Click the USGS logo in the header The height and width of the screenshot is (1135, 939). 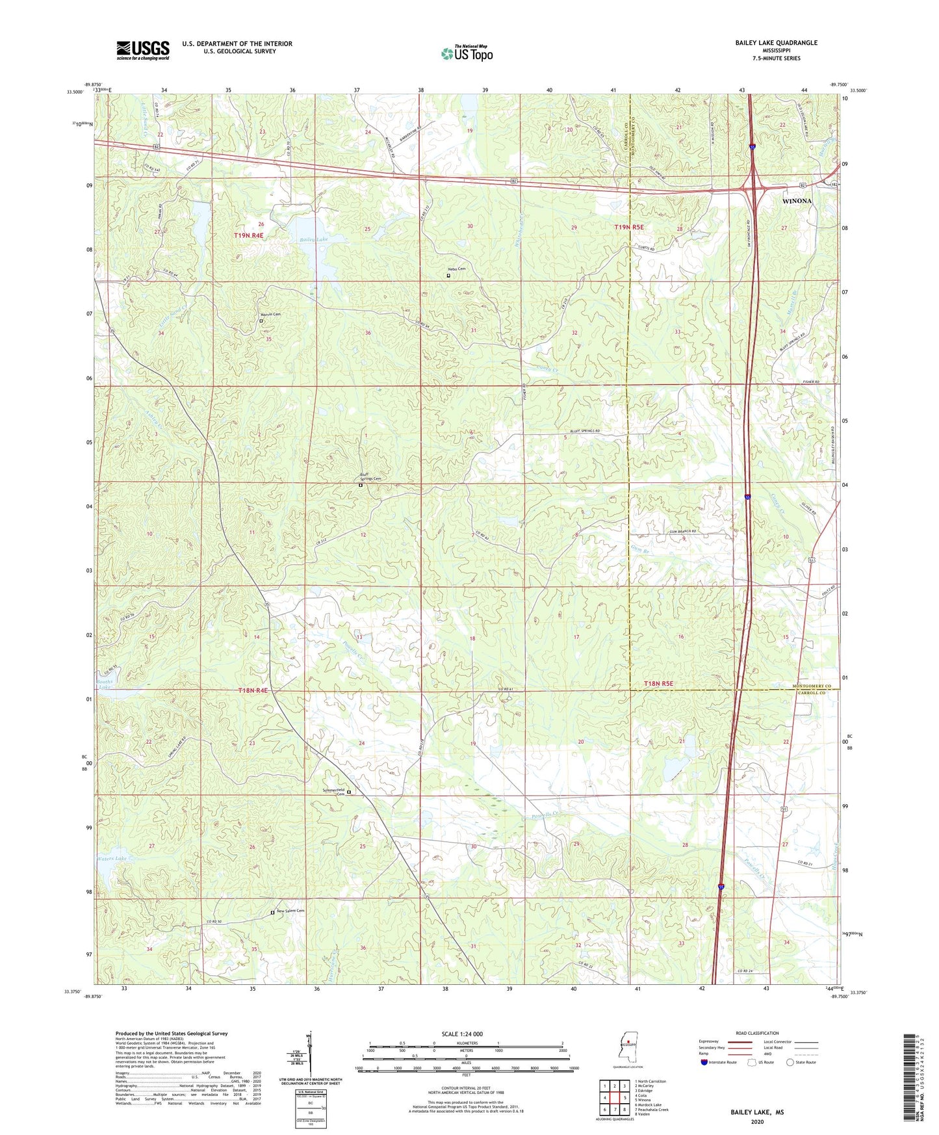(x=143, y=50)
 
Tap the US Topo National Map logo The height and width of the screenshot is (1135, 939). (x=467, y=53)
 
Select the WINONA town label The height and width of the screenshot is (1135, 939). (x=797, y=201)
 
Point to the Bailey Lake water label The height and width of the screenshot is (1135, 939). (x=314, y=240)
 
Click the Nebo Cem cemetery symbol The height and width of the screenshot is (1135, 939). (x=448, y=276)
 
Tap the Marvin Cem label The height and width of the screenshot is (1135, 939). (x=272, y=315)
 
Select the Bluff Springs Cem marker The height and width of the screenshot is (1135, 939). (x=361, y=485)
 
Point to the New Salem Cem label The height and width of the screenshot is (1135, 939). (x=290, y=911)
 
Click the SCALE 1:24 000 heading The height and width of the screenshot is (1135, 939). (x=462, y=1034)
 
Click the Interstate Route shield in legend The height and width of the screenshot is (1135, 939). (x=704, y=1062)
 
